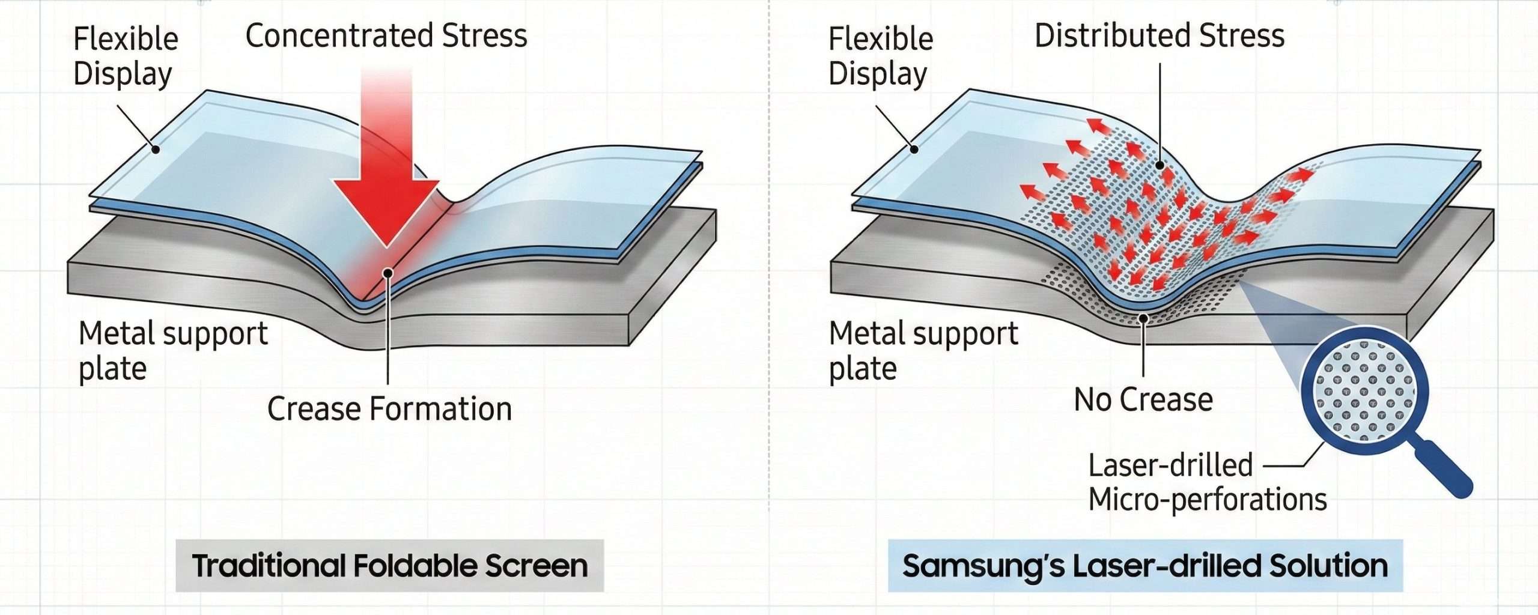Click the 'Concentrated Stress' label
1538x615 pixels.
point(386,36)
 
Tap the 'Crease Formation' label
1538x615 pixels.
point(389,410)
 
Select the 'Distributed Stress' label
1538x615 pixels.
point(1159,36)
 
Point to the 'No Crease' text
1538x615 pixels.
point(1143,400)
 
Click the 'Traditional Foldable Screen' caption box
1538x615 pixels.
point(389,566)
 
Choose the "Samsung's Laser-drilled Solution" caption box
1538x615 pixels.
point(1145,566)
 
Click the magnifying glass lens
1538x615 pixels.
point(1364,390)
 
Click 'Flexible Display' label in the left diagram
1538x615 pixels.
point(125,56)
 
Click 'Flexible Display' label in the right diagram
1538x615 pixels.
point(880,56)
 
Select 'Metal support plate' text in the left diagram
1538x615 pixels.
point(172,351)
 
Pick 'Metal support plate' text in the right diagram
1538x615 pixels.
point(923,351)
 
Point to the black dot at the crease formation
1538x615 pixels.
point(388,273)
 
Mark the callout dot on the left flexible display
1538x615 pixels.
point(155,149)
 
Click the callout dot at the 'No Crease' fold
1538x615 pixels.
point(1144,319)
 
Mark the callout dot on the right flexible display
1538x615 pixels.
point(914,149)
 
